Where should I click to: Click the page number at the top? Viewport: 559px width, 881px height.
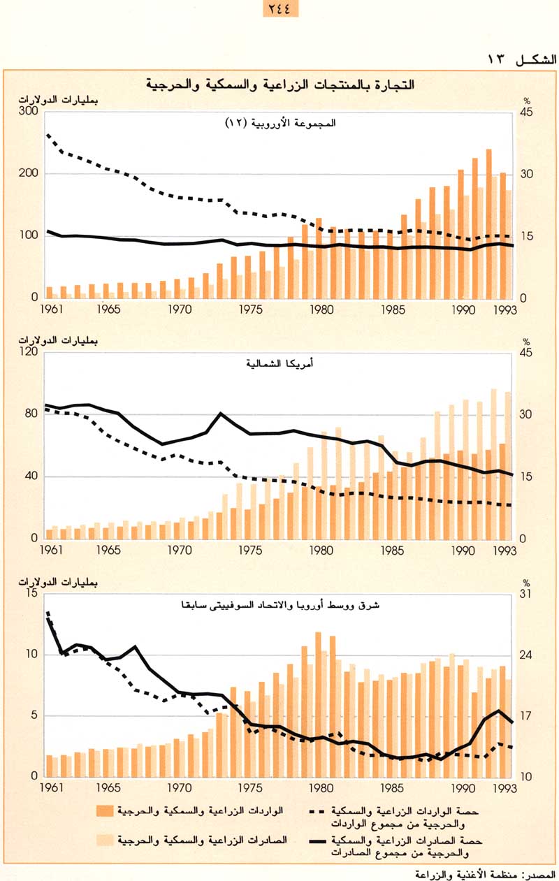(x=279, y=9)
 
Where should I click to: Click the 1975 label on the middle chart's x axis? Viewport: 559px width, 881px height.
(x=250, y=550)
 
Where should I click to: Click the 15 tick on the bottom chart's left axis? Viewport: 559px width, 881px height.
(x=31, y=594)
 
